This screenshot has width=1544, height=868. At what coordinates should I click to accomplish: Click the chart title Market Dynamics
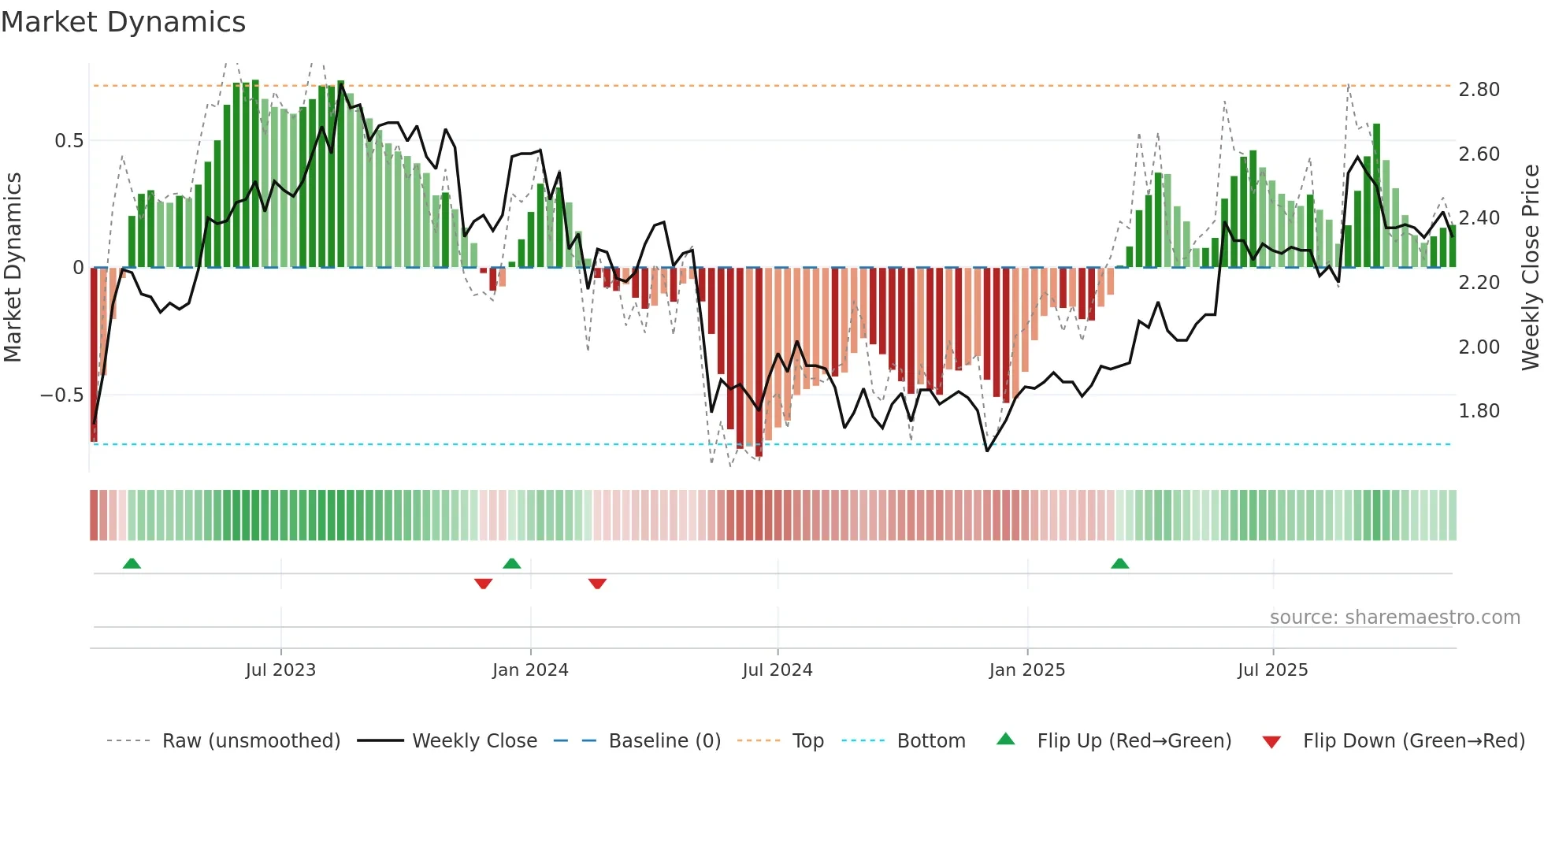click(124, 22)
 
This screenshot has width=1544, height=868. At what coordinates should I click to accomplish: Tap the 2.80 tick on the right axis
click(1479, 90)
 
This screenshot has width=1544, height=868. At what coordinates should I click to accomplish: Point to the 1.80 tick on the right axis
click(1479, 411)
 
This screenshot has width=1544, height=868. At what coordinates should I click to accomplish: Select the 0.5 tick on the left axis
click(69, 141)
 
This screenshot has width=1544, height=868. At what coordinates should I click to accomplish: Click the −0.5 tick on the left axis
click(61, 395)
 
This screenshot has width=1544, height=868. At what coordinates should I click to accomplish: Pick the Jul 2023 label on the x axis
click(280, 670)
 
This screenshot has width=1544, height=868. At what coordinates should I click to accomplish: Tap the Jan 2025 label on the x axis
click(1026, 670)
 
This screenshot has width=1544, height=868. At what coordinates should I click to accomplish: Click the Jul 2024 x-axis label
click(777, 670)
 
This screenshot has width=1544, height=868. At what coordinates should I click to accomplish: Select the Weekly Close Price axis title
click(1530, 268)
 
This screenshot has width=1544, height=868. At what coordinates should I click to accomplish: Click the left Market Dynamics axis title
click(13, 268)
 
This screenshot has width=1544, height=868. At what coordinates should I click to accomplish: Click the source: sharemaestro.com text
click(1394, 618)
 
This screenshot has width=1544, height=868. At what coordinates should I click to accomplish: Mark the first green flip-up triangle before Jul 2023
click(132, 563)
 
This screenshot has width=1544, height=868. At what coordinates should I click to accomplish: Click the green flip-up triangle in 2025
click(1119, 563)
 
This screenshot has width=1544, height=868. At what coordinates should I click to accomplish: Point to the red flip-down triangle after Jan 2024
click(597, 584)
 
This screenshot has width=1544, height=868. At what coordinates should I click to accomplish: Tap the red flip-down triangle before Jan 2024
click(483, 584)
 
